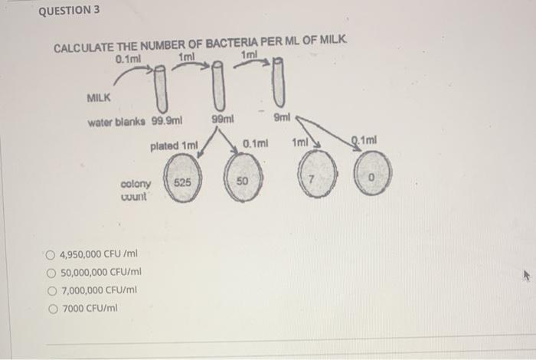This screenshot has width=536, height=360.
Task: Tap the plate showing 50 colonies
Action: [x=243, y=182]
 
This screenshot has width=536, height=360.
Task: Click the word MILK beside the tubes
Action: [x=100, y=98]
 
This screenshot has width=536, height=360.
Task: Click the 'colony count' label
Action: [x=136, y=190]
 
